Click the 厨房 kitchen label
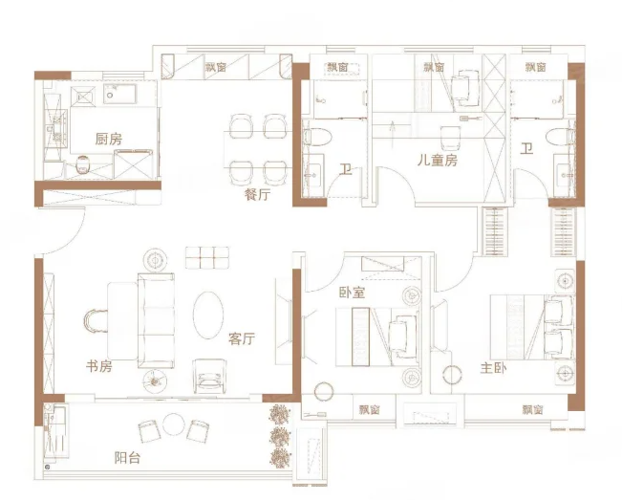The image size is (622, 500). pyautogui.click(x=109, y=139)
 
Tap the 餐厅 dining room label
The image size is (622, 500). pyautogui.click(x=257, y=194)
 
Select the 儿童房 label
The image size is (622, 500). pyautogui.click(x=438, y=160)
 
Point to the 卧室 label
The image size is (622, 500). pyautogui.click(x=352, y=293)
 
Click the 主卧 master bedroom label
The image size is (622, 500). pyautogui.click(x=493, y=368)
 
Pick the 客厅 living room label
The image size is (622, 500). pyautogui.click(x=242, y=338)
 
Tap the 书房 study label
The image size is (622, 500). pyautogui.click(x=99, y=366)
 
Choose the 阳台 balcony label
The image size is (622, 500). pyautogui.click(x=127, y=458)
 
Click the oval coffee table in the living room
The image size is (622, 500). pyautogui.click(x=208, y=315)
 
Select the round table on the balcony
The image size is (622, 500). pyautogui.click(x=174, y=424)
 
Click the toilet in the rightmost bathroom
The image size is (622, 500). pyautogui.click(x=560, y=137)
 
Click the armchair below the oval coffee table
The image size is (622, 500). pyautogui.click(x=209, y=377)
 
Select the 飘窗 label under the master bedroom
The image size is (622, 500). pyautogui.click(x=532, y=409)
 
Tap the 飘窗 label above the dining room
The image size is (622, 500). pyautogui.click(x=216, y=67)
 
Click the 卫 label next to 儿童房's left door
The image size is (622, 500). pyautogui.click(x=346, y=170)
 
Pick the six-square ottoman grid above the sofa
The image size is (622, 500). pyautogui.click(x=207, y=257)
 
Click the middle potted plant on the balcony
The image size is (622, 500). pyautogui.click(x=280, y=437)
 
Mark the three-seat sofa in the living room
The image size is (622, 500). pyautogui.click(x=156, y=320)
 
